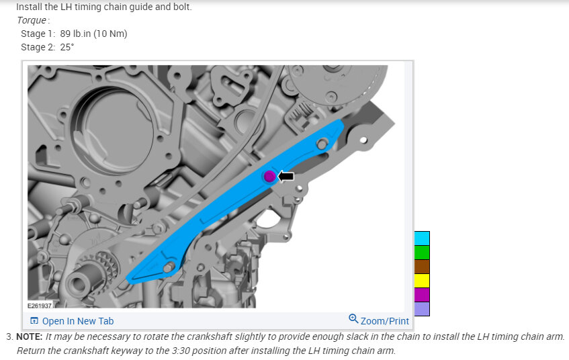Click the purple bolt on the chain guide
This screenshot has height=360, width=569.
(x=269, y=177)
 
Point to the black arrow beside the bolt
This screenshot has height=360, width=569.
(x=286, y=177)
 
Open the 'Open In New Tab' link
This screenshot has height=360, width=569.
(x=78, y=321)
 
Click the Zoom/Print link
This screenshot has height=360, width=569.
(x=385, y=321)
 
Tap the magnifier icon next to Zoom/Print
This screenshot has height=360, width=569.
(x=353, y=318)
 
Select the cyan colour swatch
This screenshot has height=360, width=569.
(x=422, y=238)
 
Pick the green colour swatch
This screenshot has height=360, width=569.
(x=422, y=253)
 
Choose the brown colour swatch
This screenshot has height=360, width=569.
(x=422, y=267)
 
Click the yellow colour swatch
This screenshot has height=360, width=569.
(x=422, y=281)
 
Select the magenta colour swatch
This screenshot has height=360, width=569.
(x=422, y=295)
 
